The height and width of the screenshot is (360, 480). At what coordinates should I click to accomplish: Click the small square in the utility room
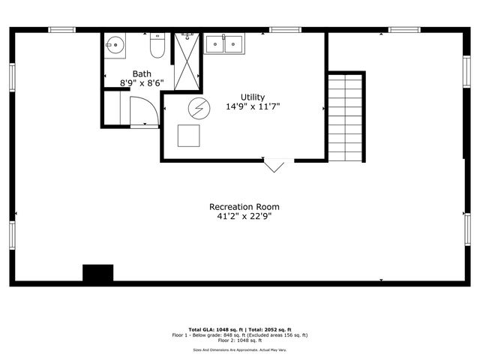(188, 135)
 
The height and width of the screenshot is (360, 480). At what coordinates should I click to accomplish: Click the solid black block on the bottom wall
(97, 273)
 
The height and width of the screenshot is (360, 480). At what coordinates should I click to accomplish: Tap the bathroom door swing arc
(145, 111)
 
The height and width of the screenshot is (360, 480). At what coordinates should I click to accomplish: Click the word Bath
(142, 73)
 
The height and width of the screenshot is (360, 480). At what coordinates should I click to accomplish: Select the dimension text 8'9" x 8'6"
(142, 83)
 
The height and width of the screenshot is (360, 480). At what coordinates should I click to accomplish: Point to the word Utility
(252, 97)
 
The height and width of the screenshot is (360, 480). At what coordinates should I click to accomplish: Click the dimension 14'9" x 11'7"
(253, 106)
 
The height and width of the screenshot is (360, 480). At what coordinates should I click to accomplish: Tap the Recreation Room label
(238, 206)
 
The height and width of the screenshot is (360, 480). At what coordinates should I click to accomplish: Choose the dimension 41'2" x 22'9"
(238, 217)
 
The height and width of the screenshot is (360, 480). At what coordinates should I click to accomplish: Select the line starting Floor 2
(240, 340)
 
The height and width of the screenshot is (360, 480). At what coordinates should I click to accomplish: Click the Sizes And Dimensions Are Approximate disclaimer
(240, 349)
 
